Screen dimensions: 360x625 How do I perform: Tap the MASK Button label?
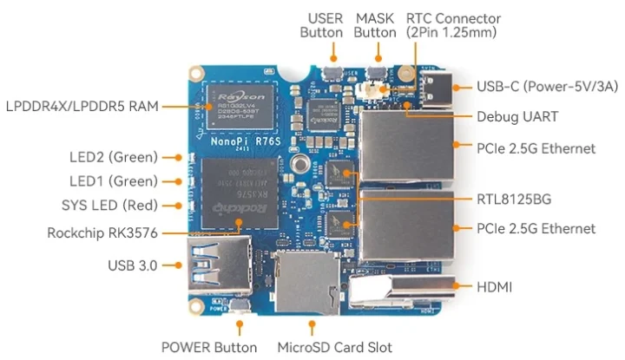pos(375,25)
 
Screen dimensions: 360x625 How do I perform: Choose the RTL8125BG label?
pos(514,199)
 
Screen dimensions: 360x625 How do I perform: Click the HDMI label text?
pos(496,285)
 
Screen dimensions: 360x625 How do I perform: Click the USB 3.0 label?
pos(132,265)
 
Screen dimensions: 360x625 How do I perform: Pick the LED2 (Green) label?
pos(113,157)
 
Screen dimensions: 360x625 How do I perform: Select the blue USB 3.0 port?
pos(216,266)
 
